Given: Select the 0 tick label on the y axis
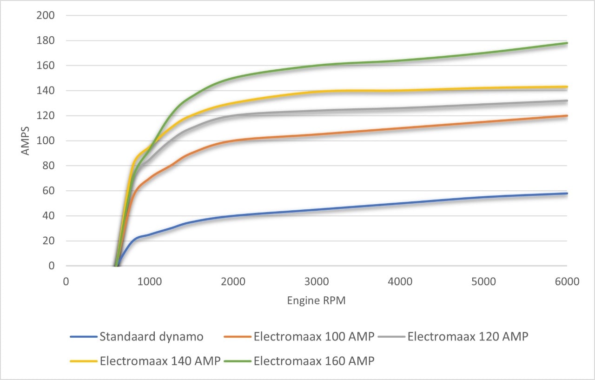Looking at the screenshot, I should pos(52,266).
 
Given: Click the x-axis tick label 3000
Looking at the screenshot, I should pos(316,281).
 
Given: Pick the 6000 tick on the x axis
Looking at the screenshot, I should pos(567,281).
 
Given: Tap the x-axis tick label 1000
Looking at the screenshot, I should pos(149,281).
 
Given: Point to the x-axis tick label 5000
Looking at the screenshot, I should pos(483,281).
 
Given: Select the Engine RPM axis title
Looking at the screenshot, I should pos(316,300).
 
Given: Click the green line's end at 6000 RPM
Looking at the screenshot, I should pos(567,43).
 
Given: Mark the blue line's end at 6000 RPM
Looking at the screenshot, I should pos(567,193).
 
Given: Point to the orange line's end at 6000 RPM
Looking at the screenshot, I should pos(567,116).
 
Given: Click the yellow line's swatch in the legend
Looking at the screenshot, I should pos(84,361).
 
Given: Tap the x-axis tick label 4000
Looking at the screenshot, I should pos(400,281).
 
